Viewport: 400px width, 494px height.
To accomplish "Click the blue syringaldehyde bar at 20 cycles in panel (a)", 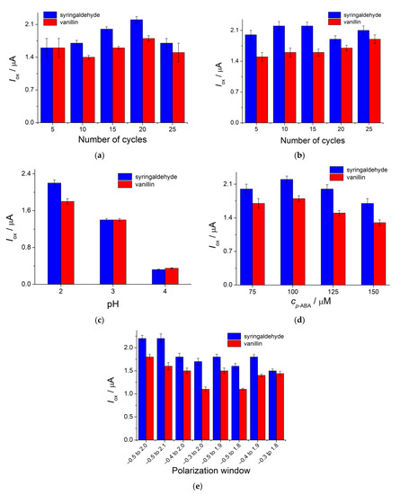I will coord(137,71).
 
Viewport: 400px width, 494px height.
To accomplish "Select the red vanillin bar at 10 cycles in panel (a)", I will coord(88,90).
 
